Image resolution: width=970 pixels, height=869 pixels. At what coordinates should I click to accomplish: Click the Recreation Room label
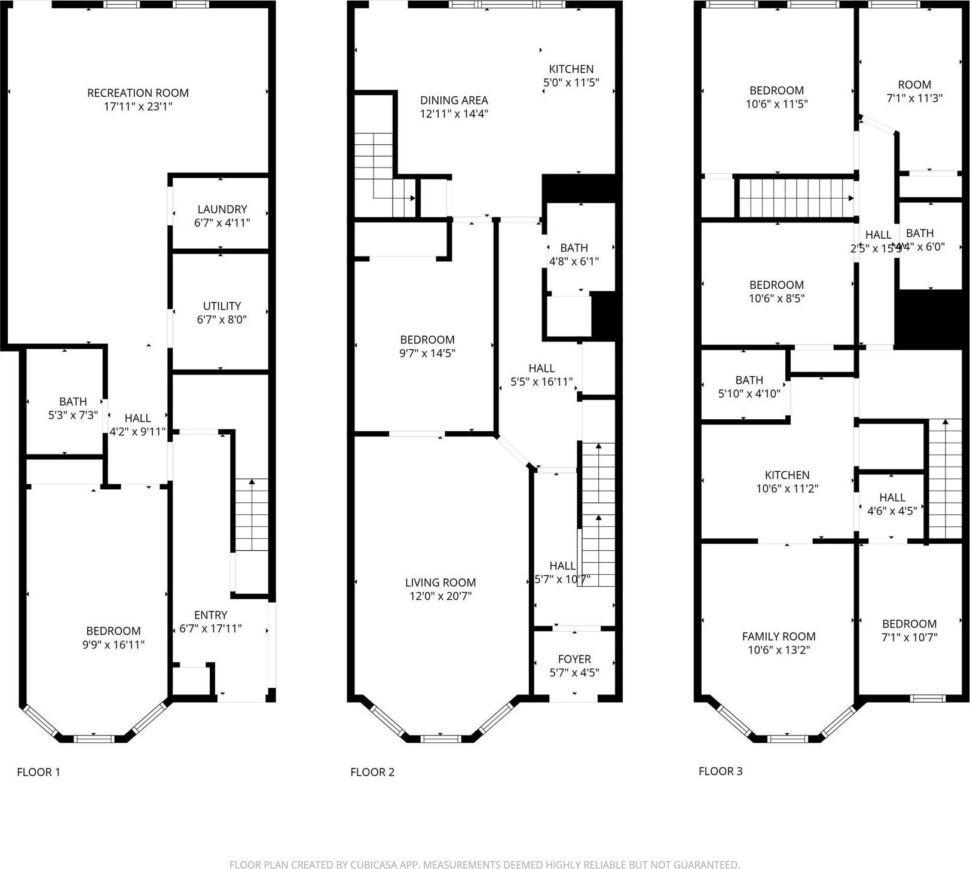point(138,93)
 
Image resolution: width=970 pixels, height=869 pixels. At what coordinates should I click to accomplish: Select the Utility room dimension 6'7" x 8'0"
point(222,319)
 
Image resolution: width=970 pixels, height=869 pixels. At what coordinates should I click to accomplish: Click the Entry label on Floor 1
point(210,615)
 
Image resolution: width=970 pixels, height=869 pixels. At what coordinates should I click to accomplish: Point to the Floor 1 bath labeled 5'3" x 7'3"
point(73,408)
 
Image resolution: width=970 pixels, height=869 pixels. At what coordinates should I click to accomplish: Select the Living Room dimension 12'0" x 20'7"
point(440,596)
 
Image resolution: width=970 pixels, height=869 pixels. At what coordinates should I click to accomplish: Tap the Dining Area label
point(454,100)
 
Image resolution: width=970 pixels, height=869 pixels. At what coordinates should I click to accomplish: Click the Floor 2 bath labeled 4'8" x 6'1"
point(574,254)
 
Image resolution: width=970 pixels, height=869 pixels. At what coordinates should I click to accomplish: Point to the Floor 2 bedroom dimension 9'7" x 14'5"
point(427,353)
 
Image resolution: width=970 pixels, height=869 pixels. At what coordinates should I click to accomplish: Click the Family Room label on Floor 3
point(779,636)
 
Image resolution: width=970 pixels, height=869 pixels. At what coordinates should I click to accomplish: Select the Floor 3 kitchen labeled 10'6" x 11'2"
point(787,481)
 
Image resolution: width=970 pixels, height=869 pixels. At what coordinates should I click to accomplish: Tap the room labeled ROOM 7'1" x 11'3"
point(914,91)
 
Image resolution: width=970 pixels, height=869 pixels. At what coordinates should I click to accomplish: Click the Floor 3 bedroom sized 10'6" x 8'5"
point(777,291)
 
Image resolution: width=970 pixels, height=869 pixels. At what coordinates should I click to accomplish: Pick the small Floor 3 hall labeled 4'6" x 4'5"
point(892,504)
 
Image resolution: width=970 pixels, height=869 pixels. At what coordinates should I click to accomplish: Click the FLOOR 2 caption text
point(372,772)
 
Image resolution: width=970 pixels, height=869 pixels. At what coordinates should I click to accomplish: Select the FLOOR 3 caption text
point(720,771)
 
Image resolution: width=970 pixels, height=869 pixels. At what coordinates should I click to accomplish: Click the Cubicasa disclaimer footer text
point(484,864)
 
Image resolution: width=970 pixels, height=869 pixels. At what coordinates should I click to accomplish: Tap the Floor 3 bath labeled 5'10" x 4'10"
point(749,386)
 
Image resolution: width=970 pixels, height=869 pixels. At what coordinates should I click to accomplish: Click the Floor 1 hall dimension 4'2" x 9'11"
point(137,431)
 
